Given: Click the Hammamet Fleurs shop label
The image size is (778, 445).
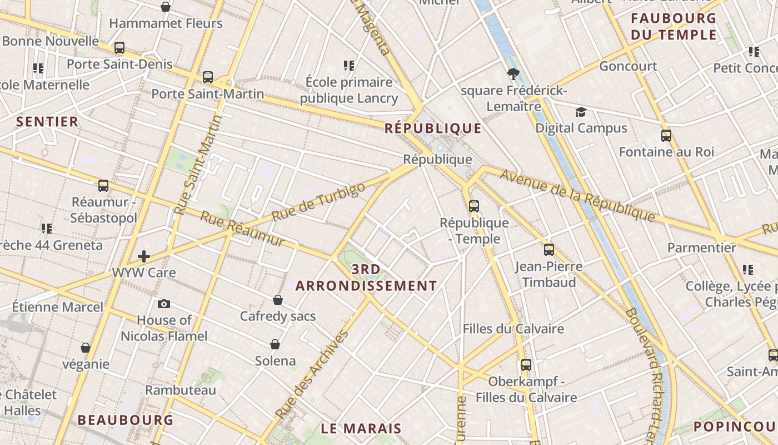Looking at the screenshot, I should [166, 23].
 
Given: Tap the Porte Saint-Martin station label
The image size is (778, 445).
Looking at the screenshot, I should [207, 93].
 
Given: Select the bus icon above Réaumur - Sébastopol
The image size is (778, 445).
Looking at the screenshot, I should [103, 186].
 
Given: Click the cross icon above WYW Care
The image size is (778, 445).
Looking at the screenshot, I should [144, 256].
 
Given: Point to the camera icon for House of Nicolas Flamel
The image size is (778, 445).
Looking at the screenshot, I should [163, 304].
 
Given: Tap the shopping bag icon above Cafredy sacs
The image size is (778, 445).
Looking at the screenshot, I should [278, 300].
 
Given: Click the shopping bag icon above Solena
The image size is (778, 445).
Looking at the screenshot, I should [275, 344].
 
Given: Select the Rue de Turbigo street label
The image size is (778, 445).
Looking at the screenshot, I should [319, 200].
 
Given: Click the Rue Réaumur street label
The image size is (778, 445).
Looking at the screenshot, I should [242, 229].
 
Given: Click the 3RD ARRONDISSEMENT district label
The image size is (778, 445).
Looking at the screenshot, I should [366, 278].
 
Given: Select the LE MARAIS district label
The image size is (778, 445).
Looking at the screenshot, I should [361, 428].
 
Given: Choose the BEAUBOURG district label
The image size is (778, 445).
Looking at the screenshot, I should [126, 420].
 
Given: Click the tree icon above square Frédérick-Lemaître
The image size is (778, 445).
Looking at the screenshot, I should [513, 73].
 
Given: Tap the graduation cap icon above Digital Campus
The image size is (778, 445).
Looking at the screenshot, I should [581, 112].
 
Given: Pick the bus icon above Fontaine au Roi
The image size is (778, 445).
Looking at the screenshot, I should [666, 135].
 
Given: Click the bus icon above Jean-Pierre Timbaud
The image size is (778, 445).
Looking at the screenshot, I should [548, 249].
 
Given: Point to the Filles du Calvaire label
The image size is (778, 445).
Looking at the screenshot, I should [513, 329].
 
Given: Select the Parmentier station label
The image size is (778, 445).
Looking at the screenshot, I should [701, 248].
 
